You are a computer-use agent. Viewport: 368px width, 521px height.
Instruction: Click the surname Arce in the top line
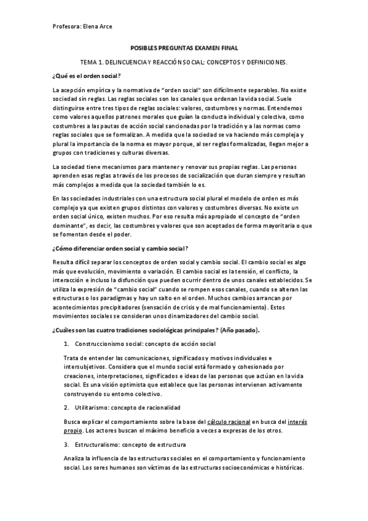[106, 26]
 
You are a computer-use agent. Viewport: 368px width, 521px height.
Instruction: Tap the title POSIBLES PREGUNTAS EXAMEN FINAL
[184, 48]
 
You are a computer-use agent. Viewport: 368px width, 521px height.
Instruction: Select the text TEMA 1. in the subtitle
[93, 63]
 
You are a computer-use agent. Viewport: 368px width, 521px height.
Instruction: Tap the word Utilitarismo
[93, 407]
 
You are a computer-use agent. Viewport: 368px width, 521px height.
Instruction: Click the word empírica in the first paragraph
[96, 90]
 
